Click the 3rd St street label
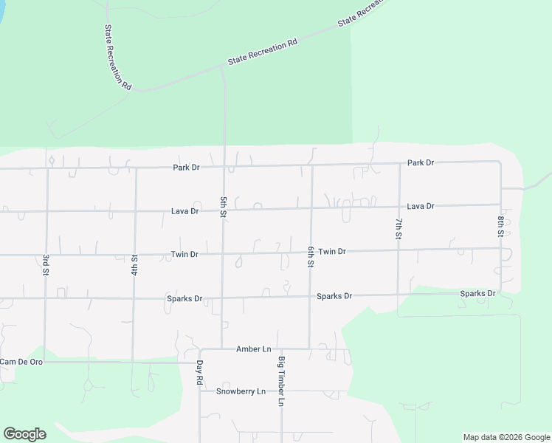pos(46,266)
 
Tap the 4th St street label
pos(134,265)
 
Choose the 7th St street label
pos(399,228)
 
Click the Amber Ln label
pos(254,348)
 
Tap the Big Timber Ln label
pos(281,382)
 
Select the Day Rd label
pos(199,373)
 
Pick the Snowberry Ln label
pos(241,391)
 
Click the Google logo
pos(24,434)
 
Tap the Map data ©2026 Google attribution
pos(506,437)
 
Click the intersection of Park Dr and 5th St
pos(224,167)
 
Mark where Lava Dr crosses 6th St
pos(311,209)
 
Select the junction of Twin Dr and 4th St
pos(135,255)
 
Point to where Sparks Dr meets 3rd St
pos(46,298)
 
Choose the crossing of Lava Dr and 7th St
pos(399,207)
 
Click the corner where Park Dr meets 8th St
pos(500,162)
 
